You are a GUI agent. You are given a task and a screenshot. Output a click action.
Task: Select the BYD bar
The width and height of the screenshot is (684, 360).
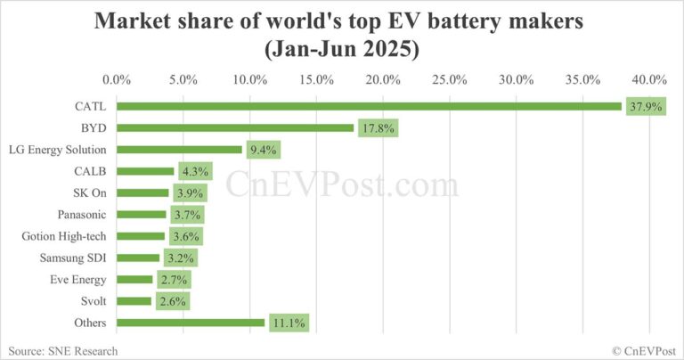pos(235,128)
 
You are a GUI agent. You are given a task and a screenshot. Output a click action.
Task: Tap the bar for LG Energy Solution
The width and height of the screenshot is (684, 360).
pos(179,150)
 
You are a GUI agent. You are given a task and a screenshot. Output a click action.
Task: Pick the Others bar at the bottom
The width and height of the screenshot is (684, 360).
pos(191,323)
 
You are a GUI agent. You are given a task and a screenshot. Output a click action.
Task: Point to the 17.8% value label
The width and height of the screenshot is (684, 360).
pos(377,128)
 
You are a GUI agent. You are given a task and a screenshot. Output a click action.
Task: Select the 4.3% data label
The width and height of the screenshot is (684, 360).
pos(195,171)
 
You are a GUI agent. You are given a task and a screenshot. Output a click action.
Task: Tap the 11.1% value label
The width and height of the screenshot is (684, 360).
pos(286,323)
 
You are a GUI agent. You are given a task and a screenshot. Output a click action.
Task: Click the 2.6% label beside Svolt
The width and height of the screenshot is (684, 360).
pos(173,301)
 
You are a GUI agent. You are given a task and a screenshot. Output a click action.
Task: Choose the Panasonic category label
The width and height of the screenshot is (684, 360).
pos(81,215)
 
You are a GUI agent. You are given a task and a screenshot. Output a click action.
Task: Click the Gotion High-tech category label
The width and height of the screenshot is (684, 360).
pos(63,236)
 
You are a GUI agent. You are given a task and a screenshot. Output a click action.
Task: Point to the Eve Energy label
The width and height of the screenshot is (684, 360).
pos(77,280)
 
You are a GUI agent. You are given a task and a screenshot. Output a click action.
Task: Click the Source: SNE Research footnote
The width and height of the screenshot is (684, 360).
pos(61,350)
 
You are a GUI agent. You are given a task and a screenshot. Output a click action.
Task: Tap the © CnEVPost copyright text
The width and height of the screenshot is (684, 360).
pos(638,350)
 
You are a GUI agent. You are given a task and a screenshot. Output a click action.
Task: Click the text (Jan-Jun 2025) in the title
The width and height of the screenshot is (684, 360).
pos(342,47)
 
